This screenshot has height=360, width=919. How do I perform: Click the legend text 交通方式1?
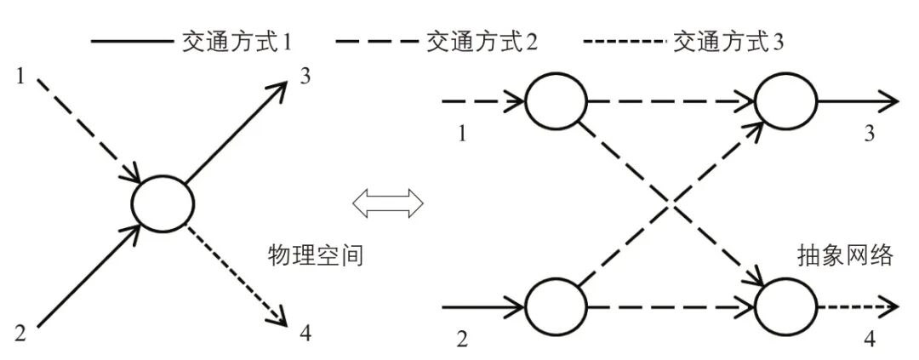coord(231,41)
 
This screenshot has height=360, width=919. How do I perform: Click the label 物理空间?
coord(316,254)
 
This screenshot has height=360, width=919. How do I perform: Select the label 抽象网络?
coord(845,254)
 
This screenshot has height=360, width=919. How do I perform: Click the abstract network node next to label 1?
coord(556,100)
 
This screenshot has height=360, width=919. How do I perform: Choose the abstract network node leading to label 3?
coord(785,100)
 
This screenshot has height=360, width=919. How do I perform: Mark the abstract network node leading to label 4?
coord(785,305)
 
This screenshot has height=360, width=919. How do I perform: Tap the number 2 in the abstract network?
coord(462,340)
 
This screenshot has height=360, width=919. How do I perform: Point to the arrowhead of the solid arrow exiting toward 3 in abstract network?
coord(892,100)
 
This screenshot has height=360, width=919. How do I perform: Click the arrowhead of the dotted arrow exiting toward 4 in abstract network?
coord(892,305)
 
